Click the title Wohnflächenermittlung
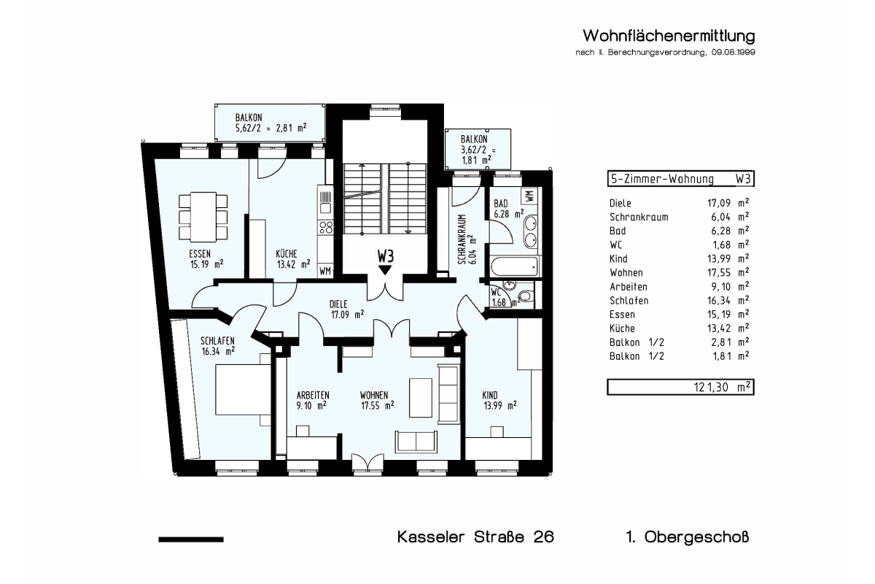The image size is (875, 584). [669, 36]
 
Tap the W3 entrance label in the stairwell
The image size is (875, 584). [386, 257]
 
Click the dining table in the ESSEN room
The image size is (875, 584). [203, 217]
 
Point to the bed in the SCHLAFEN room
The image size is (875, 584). [243, 390]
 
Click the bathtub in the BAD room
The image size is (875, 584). [514, 267]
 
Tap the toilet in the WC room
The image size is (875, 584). [526, 296]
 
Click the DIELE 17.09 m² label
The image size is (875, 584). [347, 310]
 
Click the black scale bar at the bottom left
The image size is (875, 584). [191, 539]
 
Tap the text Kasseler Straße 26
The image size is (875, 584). [475, 537]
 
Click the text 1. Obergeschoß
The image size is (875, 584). [688, 537]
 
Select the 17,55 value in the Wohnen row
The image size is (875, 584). [719, 272]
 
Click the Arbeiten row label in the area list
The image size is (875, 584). [629, 287]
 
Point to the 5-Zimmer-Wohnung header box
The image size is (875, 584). [680, 179]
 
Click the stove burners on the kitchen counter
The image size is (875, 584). [326, 227]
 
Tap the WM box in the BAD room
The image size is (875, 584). [529, 195]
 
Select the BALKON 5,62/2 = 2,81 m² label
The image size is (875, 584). [271, 123]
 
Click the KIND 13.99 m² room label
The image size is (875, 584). [500, 400]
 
